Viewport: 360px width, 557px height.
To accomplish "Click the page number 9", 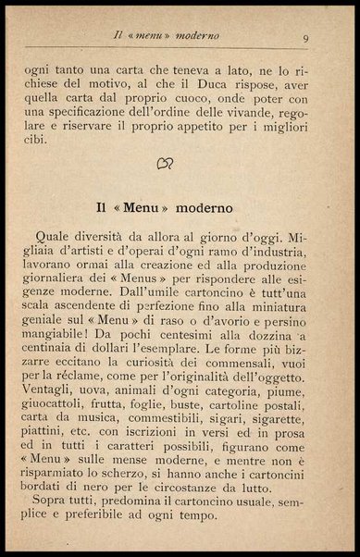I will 305,39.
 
